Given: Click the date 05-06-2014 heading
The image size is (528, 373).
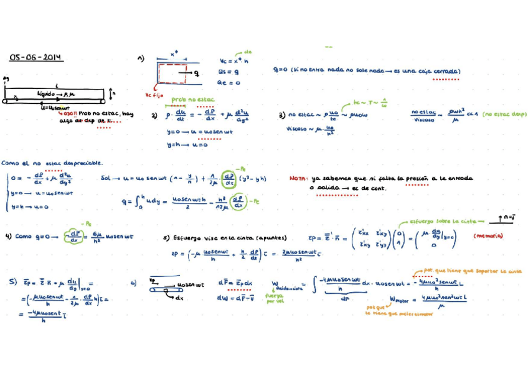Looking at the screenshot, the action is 36,58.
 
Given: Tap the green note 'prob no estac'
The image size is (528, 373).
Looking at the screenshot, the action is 187,100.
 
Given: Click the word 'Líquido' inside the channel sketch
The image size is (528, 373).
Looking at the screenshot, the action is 46,93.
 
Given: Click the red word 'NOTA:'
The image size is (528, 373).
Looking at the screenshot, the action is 299,178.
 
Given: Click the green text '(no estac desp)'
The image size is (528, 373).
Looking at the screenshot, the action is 503,114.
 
